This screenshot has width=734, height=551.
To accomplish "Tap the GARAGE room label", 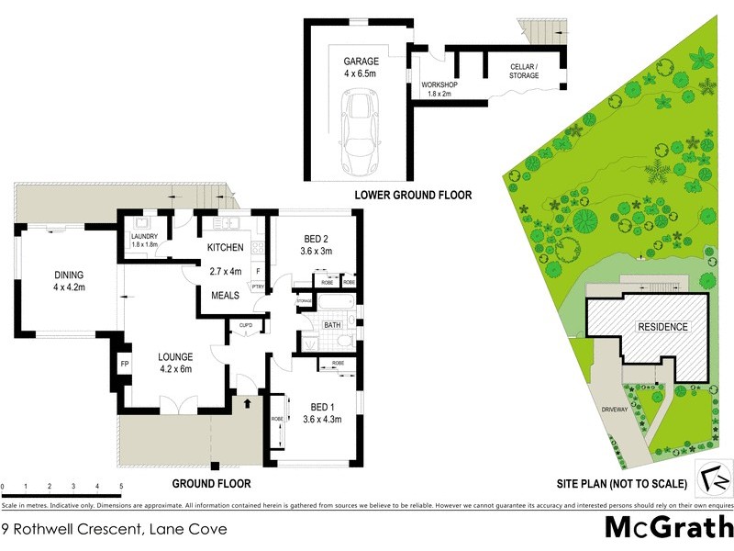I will coord(361,62).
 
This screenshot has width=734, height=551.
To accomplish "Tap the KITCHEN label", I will coord(225,248).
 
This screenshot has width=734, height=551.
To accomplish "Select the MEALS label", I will coord(224,295).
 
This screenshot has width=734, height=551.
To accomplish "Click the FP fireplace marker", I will coord(125,365).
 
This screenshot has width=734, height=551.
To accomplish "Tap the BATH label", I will coord(332,325).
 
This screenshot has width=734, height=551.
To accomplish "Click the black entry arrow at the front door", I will coord(247,400).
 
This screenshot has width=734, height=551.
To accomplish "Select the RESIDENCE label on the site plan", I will coord(663,326).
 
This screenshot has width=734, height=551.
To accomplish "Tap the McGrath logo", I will coord(667,528).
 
